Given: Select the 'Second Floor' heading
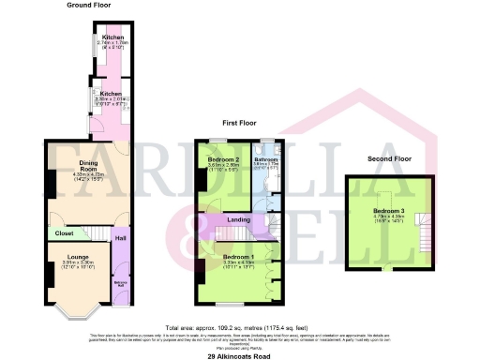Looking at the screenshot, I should tap(389, 159).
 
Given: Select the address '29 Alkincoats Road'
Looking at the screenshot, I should tap(239, 353).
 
